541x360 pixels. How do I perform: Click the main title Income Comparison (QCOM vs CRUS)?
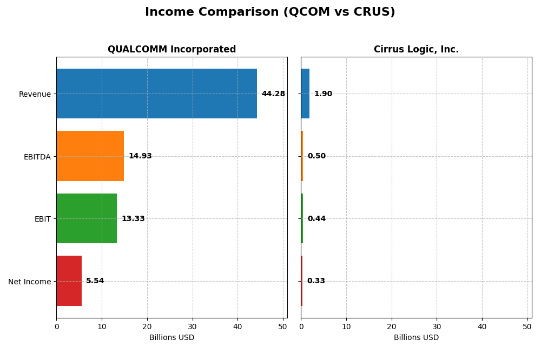click(x=270, y=12)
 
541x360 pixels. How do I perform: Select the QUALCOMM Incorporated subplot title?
click(x=171, y=49)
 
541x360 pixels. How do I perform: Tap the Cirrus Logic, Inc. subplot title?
click(x=416, y=49)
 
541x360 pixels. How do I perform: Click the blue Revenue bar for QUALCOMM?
click(x=156, y=94)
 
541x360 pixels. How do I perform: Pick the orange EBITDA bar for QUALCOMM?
click(x=90, y=156)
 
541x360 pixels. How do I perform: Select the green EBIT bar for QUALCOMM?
click(x=87, y=218)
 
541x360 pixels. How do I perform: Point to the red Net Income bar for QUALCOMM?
click(x=69, y=281)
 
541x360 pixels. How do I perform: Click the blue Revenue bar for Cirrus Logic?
click(x=305, y=94)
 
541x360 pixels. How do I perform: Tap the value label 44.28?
click(x=273, y=94)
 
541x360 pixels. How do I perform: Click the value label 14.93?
click(x=140, y=156)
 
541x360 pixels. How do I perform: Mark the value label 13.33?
click(x=133, y=219)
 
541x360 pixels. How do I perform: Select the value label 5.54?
click(x=95, y=281)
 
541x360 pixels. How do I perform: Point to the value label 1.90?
click(x=323, y=94)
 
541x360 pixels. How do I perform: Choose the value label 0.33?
click(x=316, y=281)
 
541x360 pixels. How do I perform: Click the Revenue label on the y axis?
click(x=35, y=94)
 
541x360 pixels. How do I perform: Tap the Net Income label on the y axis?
click(x=29, y=282)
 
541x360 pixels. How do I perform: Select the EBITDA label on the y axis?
click(x=37, y=157)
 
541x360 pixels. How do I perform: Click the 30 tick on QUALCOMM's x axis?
click(x=192, y=326)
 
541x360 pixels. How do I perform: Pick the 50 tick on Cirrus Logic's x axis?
click(x=527, y=326)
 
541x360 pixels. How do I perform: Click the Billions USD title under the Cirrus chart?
click(x=416, y=338)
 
